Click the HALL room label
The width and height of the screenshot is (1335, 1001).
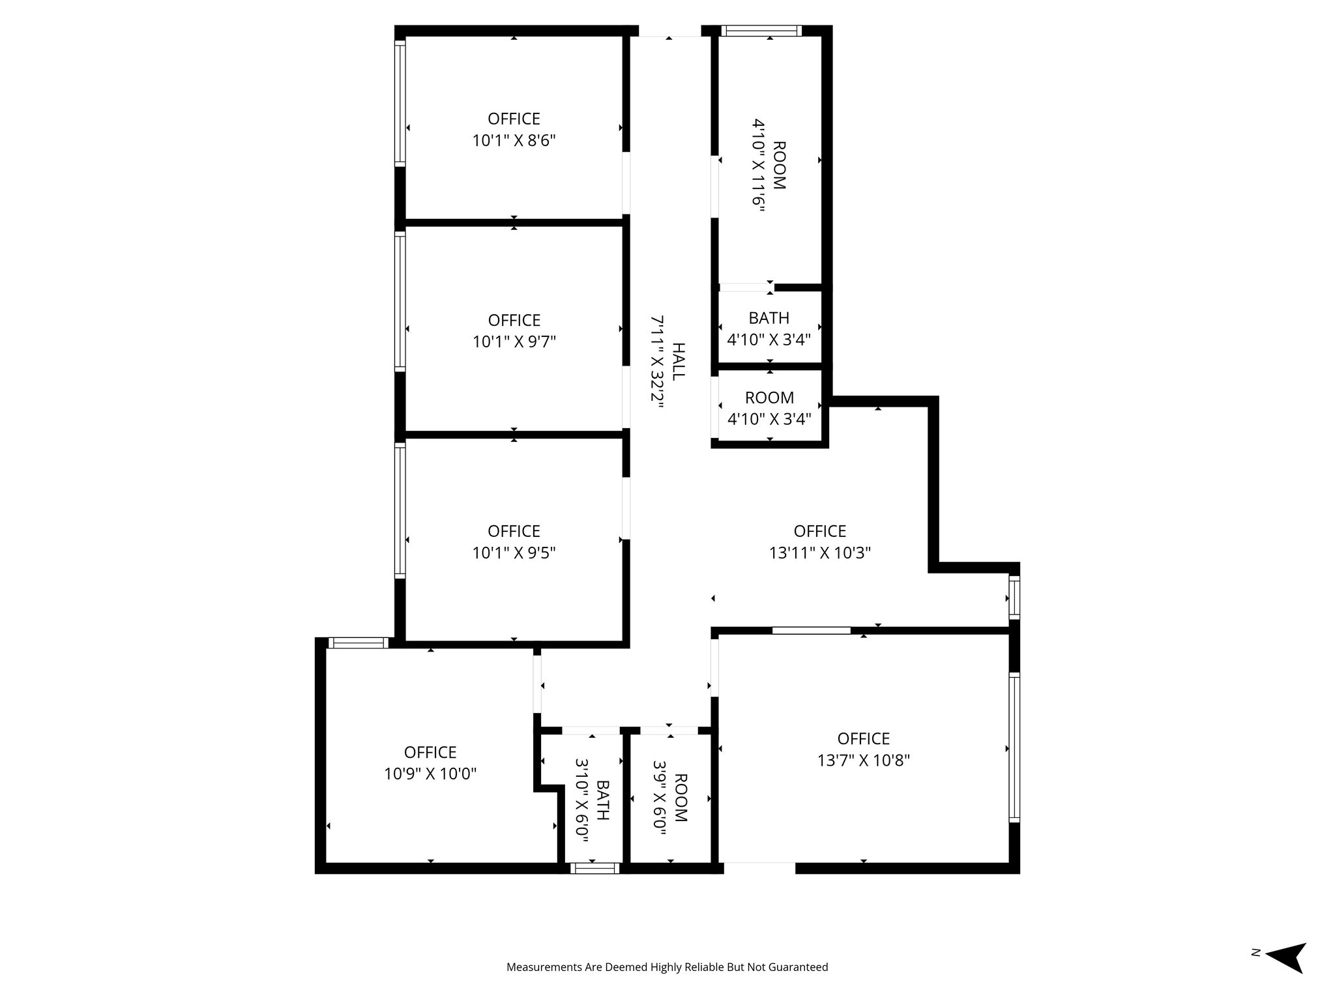point(679,362)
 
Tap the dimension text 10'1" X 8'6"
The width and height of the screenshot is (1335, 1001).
point(514,141)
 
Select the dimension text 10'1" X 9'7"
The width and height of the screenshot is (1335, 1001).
point(514,342)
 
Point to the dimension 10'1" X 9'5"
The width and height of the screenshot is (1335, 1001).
point(514,553)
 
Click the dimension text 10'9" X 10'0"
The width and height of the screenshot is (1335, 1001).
point(430,774)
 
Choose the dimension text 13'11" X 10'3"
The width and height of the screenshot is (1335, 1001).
point(819,553)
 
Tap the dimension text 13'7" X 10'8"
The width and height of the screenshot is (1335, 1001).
point(863,761)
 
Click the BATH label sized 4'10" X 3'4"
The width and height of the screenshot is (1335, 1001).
point(769,318)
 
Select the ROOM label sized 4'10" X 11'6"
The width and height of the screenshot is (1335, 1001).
point(779,165)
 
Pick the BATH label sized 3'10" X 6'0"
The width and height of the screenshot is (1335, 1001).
point(603,800)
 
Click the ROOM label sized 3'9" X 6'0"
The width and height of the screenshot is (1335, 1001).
point(681,798)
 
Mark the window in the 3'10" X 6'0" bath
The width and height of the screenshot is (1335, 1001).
point(594,868)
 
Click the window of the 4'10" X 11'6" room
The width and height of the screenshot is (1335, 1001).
point(761,31)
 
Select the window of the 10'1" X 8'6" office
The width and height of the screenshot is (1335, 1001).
point(400,101)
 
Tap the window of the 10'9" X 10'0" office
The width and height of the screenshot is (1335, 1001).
point(357,643)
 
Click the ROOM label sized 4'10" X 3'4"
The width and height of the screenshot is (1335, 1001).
point(769,398)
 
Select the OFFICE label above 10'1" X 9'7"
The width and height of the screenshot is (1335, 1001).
point(514,321)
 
